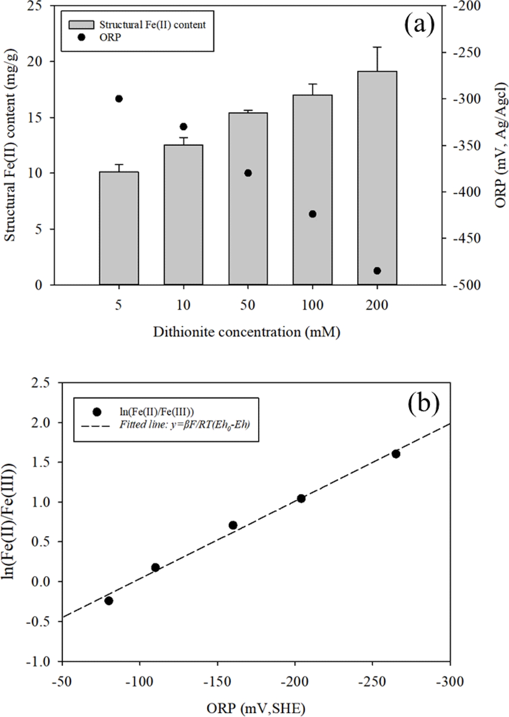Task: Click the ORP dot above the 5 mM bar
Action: click(119, 99)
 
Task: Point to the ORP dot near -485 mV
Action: click(377, 271)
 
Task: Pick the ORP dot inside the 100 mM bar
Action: click(312, 214)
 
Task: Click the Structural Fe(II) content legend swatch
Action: click(81, 25)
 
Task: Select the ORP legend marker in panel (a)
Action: click(81, 37)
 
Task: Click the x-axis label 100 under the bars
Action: click(312, 305)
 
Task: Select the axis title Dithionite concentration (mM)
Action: click(247, 332)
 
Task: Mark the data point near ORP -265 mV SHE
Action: click(396, 454)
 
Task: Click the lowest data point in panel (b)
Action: click(109, 601)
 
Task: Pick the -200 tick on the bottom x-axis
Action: click(295, 681)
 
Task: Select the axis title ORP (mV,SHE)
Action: click(256, 708)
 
